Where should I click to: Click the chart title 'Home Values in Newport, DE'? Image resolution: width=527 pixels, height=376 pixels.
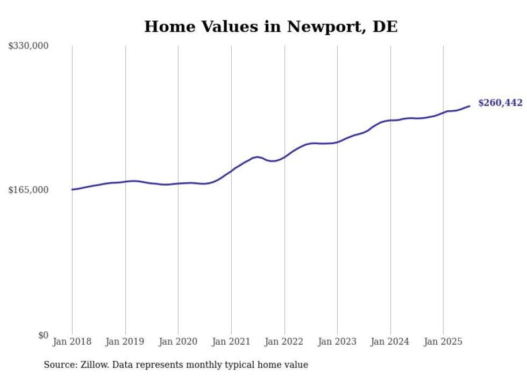pos(271,27)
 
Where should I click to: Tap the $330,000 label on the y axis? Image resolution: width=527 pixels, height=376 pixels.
pos(29,46)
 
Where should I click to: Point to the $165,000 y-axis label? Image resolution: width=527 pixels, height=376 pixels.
pos(29,190)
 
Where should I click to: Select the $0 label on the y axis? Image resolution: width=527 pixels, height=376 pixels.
pos(43,335)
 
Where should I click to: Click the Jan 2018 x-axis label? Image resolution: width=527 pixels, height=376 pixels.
pos(72,342)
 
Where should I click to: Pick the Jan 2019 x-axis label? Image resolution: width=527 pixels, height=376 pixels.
pos(125,342)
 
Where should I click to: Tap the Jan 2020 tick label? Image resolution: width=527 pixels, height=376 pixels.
pos(178,342)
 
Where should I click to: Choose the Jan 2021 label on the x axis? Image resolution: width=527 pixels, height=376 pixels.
pos(231,342)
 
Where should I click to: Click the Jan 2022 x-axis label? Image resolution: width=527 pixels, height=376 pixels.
pos(284,342)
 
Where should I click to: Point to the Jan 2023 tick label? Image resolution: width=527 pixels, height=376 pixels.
pos(337,342)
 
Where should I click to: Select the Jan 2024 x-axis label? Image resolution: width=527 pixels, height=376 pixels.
pos(390,342)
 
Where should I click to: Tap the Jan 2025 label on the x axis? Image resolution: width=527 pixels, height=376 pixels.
pos(443,342)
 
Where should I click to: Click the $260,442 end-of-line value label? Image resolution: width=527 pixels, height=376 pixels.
pos(500,103)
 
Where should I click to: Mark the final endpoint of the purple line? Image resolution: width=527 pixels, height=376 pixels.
pos(470,106)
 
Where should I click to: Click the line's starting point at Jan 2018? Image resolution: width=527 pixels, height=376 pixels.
pos(72,189)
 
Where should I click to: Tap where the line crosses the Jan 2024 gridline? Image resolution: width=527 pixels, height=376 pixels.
pos(390,120)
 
